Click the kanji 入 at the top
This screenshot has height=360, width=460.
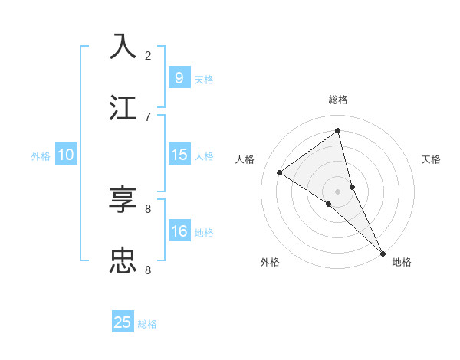123,46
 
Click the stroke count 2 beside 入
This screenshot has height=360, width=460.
148,55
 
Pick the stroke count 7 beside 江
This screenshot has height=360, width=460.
148,116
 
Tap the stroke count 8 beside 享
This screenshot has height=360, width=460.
148,208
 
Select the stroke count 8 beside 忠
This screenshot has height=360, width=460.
148,270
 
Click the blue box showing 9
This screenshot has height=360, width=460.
179,77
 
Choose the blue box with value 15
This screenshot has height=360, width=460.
179,155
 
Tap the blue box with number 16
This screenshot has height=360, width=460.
179,231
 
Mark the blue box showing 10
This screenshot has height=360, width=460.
66,155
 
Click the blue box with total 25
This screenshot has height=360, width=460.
123,322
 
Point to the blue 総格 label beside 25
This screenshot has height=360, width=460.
147,324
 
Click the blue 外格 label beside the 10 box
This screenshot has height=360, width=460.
41,156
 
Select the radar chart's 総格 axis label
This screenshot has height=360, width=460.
338,100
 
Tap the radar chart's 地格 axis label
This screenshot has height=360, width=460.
402,262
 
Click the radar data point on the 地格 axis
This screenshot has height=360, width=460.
382,252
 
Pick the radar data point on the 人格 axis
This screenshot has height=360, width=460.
280,172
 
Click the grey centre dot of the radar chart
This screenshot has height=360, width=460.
337,190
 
